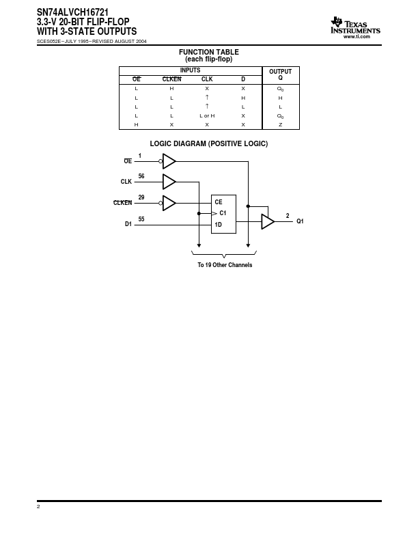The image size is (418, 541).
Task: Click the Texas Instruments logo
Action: pos(355,27)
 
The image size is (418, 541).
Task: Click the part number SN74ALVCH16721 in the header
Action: pos(73,12)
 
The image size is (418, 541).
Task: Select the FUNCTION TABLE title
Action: pos(208,52)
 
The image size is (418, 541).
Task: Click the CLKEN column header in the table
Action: pos(171,79)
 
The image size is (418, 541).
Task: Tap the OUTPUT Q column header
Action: pos(281,74)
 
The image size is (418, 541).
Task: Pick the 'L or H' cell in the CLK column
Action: pos(207,116)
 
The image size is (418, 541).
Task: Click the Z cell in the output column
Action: pos(281,124)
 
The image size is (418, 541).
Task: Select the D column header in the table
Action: pos(243,79)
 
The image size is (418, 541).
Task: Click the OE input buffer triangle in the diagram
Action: pos(169,161)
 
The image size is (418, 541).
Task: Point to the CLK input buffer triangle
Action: pos(169,182)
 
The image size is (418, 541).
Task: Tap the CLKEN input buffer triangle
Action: pos(169,203)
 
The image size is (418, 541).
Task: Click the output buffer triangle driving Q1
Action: pos(268,221)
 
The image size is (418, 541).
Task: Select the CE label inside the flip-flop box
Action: pos(219,202)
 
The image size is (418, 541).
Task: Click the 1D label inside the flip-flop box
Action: pos(218,225)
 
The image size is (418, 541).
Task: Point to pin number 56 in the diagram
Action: pos(141,176)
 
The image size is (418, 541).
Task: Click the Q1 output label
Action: pos(300,221)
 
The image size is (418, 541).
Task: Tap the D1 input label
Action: pos(128,224)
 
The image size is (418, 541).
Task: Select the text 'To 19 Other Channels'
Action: pos(225,265)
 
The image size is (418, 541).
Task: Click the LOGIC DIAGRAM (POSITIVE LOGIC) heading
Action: pos(208,143)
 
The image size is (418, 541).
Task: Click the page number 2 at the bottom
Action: pos(38,506)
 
